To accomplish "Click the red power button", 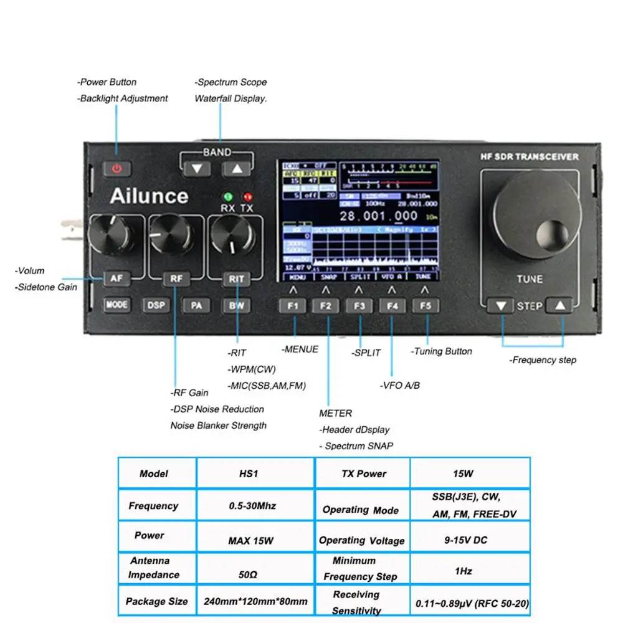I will [118, 168].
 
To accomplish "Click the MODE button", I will [117, 305].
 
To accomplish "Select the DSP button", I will [155, 305].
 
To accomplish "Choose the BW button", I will [235, 305].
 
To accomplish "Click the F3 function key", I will [359, 306].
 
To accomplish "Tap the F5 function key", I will [426, 306].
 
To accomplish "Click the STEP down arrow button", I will [500, 306].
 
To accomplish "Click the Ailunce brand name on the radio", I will [149, 196].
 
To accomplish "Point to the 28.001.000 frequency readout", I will [379, 216].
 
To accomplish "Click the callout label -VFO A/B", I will [399, 385].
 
